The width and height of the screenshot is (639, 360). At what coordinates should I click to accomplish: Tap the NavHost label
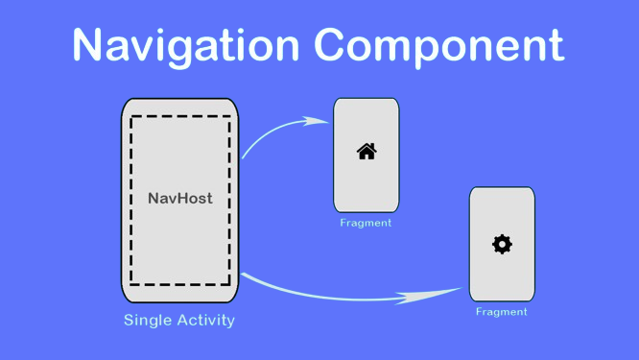click(180, 199)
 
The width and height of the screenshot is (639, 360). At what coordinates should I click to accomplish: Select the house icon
click(367, 151)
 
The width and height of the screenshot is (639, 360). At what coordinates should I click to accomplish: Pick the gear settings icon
click(502, 245)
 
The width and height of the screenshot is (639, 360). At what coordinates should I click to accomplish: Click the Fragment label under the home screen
click(366, 223)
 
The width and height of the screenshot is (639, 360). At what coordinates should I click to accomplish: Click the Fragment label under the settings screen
click(502, 311)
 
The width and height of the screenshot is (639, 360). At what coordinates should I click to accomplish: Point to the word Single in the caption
click(147, 320)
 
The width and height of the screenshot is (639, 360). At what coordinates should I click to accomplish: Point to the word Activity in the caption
click(204, 320)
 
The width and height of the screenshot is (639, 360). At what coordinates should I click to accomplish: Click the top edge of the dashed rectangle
click(180, 117)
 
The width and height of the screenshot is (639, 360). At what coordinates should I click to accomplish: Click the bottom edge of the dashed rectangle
click(180, 285)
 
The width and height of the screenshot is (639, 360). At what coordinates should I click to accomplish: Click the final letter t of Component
click(555, 45)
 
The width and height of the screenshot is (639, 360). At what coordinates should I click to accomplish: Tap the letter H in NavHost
click(182, 199)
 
